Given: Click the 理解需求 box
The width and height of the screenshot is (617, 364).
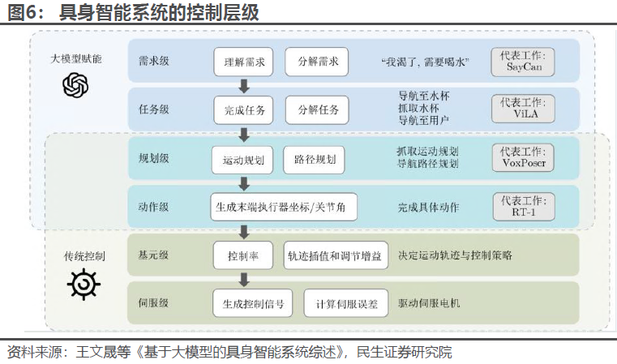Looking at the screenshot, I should [244, 62].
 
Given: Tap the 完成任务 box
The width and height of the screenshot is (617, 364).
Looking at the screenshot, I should [244, 109].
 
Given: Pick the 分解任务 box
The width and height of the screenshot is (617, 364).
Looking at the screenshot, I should [318, 109].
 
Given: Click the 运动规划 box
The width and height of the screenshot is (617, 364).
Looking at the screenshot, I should [242, 160].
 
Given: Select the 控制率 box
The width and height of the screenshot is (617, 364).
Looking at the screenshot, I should [242, 255].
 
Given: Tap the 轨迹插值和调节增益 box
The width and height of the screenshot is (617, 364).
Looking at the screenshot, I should [336, 255].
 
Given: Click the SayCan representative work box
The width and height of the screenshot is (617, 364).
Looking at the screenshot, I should [523, 62].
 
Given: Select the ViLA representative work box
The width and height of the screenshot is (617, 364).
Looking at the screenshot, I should [523, 109].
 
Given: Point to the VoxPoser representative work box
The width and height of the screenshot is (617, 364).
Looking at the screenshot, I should [523, 157].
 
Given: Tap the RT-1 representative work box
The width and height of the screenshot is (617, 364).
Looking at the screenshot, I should [523, 205].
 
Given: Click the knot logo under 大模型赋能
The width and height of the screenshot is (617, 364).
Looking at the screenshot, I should [75, 84].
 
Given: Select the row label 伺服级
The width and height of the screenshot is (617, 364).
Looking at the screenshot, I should [153, 303].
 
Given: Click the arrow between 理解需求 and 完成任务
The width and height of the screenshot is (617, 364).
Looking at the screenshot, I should [243, 86].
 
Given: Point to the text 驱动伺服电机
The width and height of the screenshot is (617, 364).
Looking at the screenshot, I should [429, 303].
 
